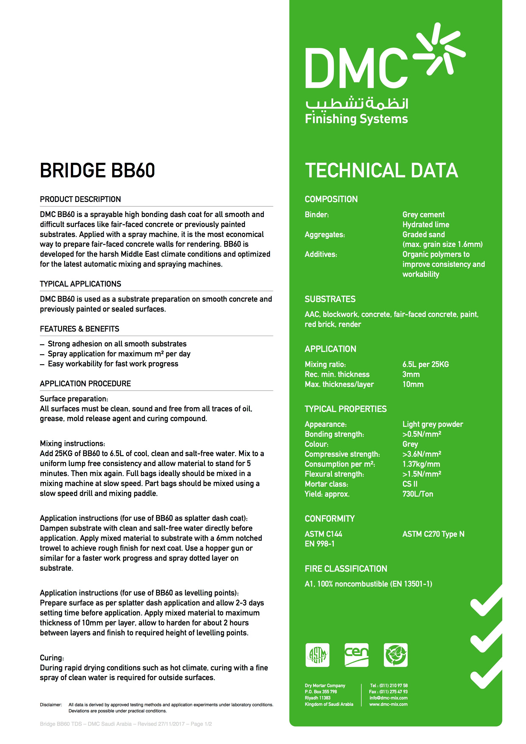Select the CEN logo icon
[356, 655]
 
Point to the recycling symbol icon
[396, 655]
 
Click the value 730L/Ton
[417, 494]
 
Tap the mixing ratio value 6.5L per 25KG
[425, 364]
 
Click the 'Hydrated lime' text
[426, 225]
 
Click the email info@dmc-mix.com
[388, 698]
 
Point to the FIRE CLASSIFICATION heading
[346, 569]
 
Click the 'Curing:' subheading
[52, 658]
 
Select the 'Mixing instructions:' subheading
[72, 443]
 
